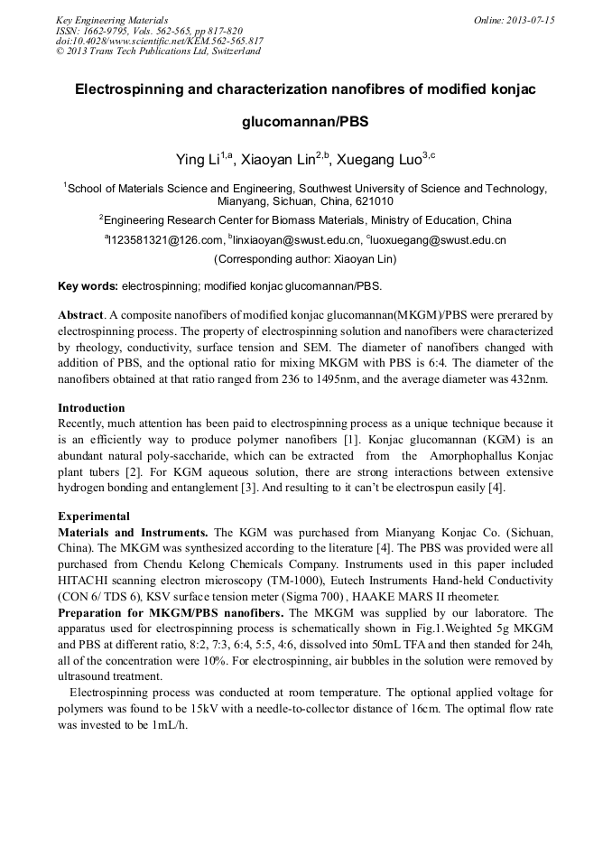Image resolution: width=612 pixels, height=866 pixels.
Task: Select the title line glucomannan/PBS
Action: click(305, 120)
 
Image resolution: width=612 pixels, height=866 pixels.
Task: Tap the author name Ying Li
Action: click(197, 160)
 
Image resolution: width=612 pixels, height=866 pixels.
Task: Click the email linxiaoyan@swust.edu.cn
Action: click(295, 239)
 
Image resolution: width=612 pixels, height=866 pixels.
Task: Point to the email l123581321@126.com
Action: click(164, 239)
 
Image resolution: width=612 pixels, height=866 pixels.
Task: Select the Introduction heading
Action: click(91, 408)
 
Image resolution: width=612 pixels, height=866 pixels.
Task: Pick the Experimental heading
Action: click(94, 517)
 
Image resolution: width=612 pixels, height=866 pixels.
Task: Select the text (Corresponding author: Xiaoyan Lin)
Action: click(305, 259)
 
